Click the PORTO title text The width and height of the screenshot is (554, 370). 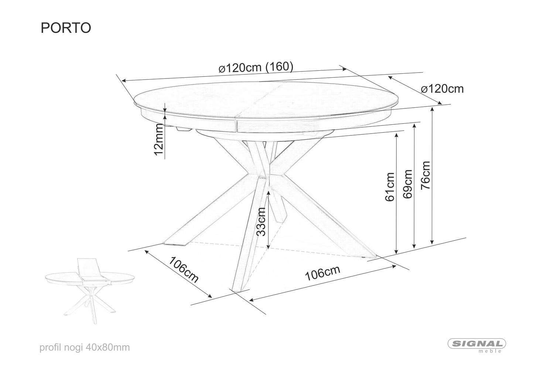click(x=66, y=28)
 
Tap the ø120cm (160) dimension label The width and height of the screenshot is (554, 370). click(x=256, y=67)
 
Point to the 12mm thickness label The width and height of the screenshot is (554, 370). click(x=159, y=139)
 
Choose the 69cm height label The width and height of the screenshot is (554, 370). click(x=408, y=184)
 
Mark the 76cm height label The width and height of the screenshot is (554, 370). click(x=425, y=175)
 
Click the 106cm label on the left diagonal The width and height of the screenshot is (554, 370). click(x=184, y=270)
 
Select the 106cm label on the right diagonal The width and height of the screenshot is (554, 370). click(x=323, y=273)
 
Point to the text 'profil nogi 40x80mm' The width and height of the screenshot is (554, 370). click(x=85, y=347)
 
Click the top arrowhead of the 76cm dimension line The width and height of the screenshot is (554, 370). click(x=432, y=109)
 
